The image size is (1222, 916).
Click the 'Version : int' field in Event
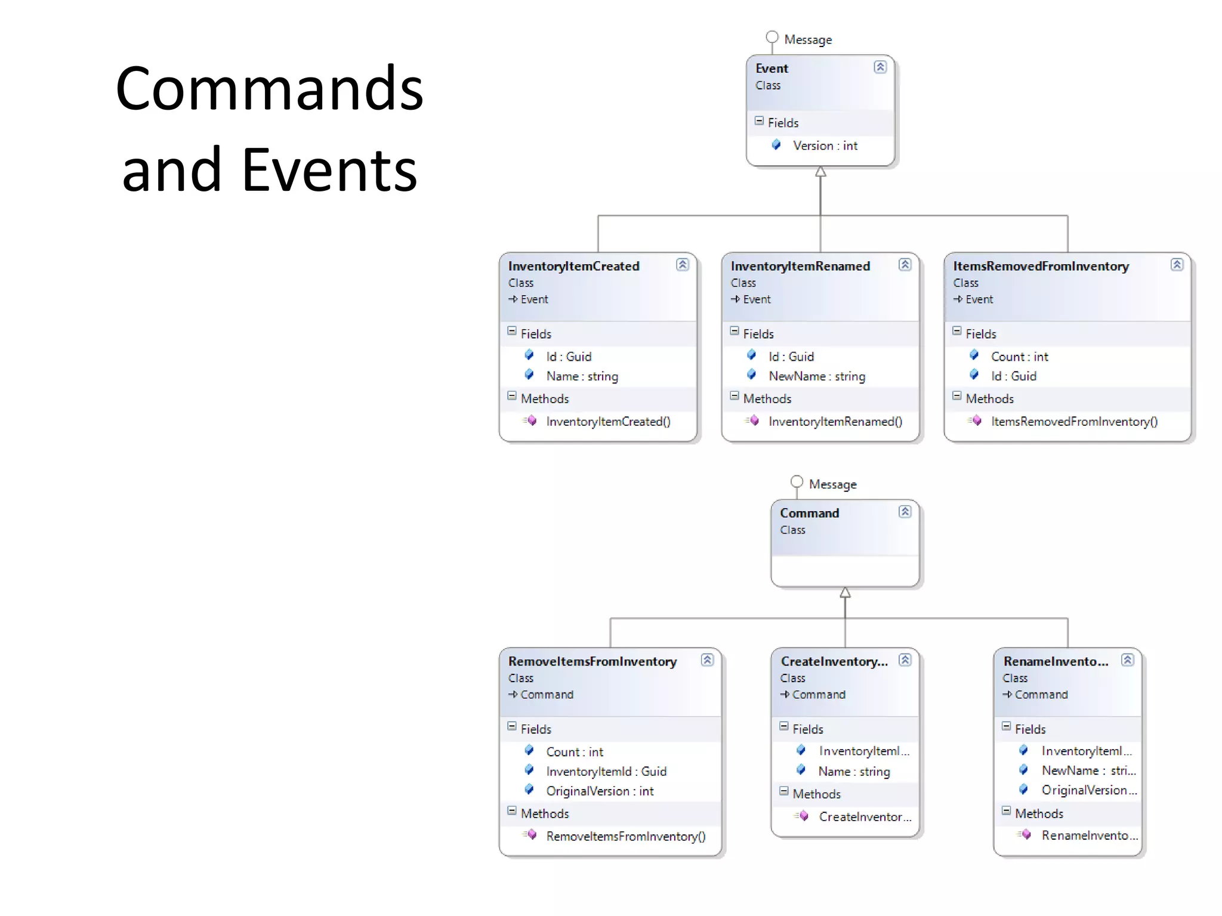[824, 146]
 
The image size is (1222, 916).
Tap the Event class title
[772, 69]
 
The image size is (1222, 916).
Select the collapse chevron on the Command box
[905, 512]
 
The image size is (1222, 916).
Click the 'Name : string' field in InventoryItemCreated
[582, 376]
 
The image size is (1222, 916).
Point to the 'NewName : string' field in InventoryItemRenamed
[816, 376]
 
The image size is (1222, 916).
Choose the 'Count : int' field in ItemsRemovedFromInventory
[1019, 357]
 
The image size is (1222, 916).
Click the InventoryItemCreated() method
[607, 422]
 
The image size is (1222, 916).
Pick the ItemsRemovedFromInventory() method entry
[1073, 422]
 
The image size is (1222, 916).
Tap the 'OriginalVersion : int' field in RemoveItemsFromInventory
[600, 791]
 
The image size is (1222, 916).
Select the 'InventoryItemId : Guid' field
[606, 771]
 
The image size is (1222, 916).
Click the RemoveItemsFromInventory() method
[625, 836]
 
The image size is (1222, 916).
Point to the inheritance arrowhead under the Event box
[820, 172]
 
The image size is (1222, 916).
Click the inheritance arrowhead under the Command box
[845, 593]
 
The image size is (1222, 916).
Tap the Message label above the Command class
[832, 484]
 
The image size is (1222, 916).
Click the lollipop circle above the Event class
[772, 37]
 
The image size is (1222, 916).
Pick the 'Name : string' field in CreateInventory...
[854, 772]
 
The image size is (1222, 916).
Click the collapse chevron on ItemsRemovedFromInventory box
[1177, 265]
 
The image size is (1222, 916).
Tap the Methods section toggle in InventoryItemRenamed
[735, 396]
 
